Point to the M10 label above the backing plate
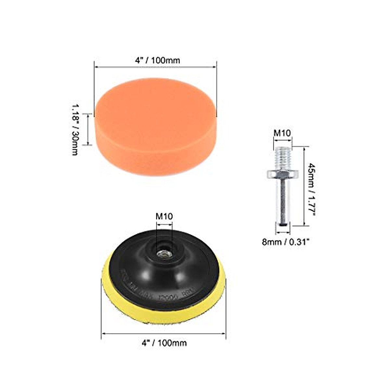164,216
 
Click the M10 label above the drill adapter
282,133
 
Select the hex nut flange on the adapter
282,175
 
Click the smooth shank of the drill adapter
282,201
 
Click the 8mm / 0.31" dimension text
285,242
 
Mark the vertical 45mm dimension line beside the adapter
304,185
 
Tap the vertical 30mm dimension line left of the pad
87,129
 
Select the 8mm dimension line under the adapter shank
282,233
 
